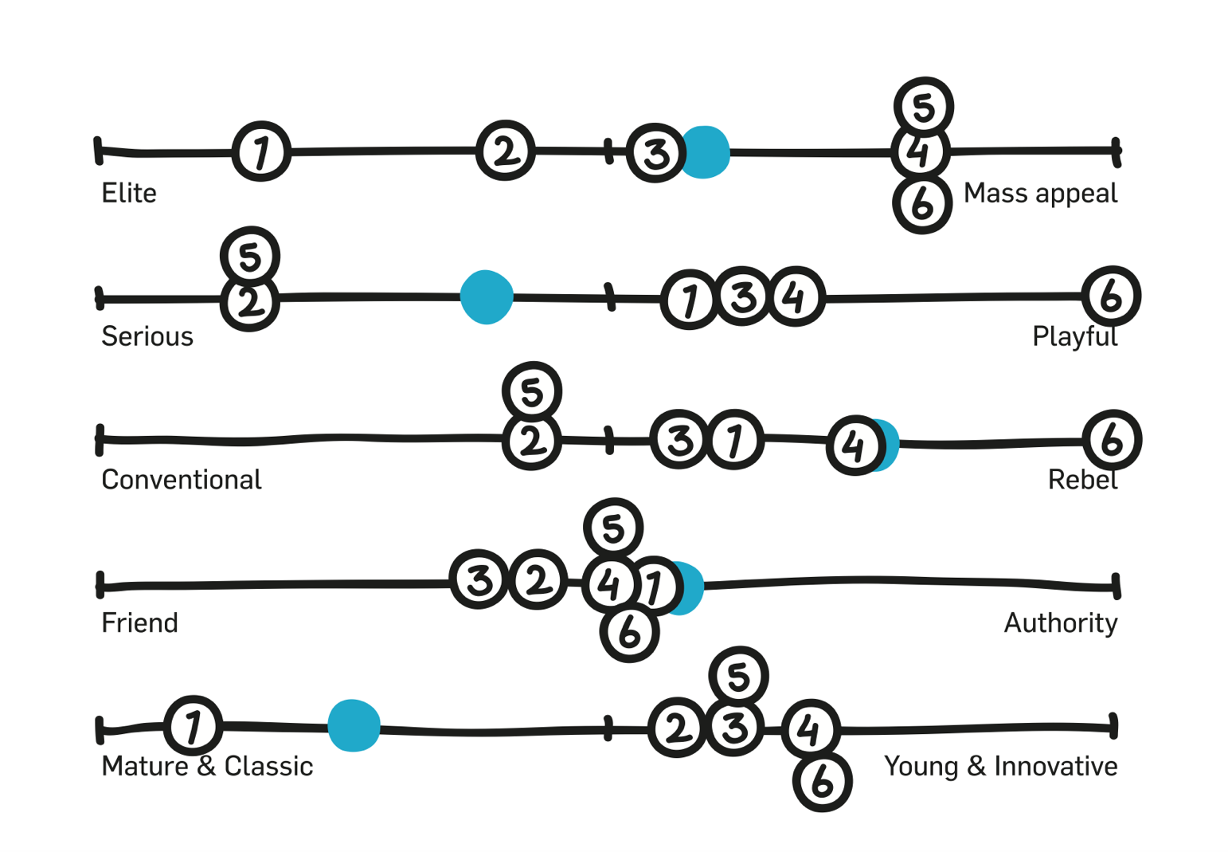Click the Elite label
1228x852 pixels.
click(x=129, y=193)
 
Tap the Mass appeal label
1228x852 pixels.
click(x=1040, y=193)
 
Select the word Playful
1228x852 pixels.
click(x=1074, y=336)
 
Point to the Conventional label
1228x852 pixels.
click(x=182, y=480)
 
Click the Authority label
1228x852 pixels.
click(x=1060, y=622)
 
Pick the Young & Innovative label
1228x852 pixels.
click(x=1000, y=766)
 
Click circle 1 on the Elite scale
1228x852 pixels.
click(x=261, y=151)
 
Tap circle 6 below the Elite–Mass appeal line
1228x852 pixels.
click(x=922, y=204)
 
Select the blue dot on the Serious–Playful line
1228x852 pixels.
click(x=487, y=297)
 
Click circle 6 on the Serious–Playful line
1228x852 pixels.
click(x=1111, y=296)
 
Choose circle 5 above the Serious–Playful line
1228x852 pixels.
click(x=250, y=257)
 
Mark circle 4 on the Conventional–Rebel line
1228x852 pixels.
click(x=855, y=446)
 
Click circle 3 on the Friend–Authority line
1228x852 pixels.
click(x=479, y=579)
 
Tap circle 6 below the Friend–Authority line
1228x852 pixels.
click(x=629, y=633)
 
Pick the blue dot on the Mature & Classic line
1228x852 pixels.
click(x=354, y=725)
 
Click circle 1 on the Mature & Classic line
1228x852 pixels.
click(x=193, y=725)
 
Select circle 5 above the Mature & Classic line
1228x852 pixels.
click(x=738, y=676)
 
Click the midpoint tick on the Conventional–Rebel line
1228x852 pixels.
click(x=609, y=440)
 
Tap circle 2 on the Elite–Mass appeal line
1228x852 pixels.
click(x=505, y=151)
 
